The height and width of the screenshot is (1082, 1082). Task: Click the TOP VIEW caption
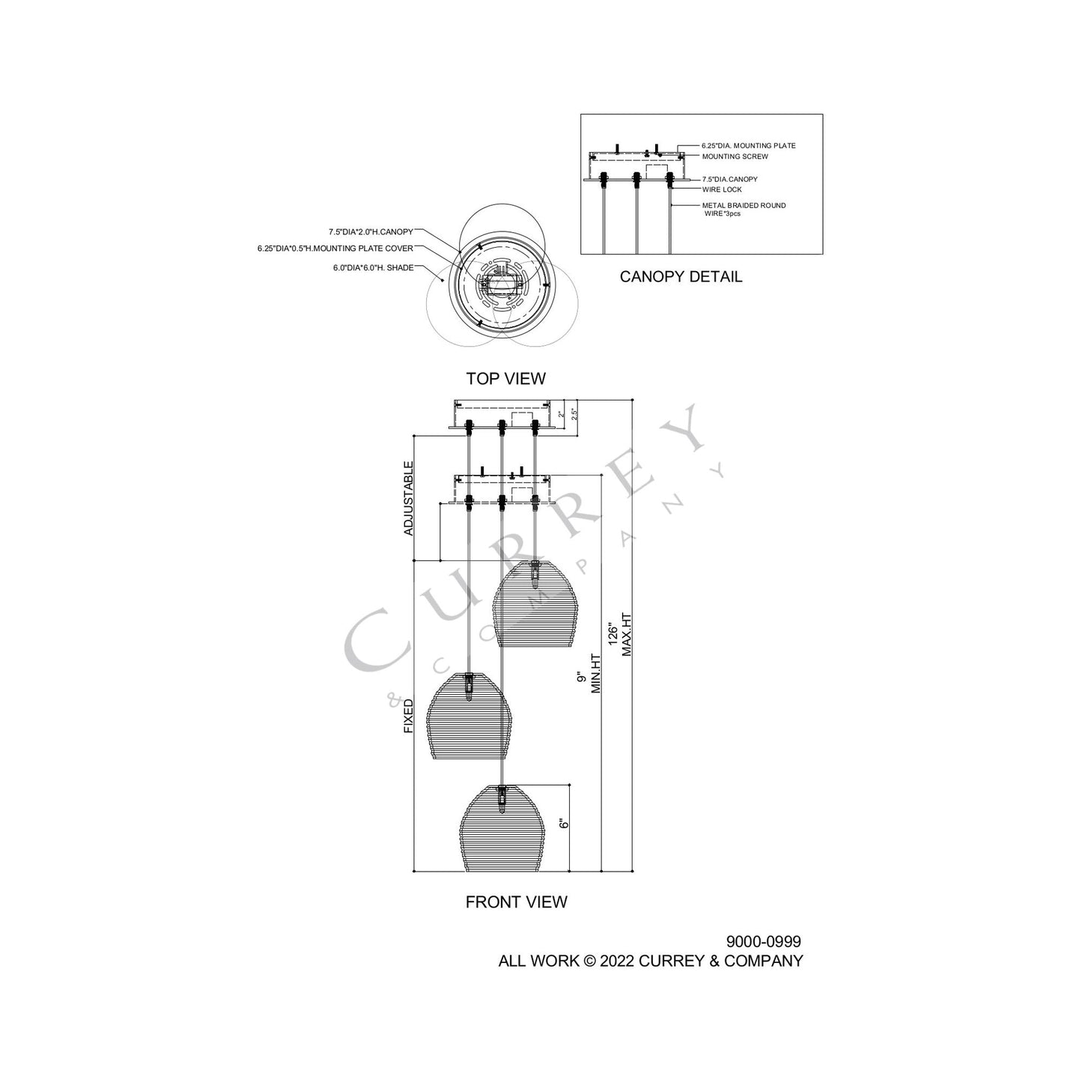tap(505, 379)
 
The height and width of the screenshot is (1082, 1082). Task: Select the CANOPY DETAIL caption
tap(681, 277)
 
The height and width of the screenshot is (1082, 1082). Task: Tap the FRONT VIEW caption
tap(516, 902)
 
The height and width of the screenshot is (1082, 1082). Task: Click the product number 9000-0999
tap(763, 942)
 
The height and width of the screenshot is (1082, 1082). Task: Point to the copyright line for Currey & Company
tap(650, 961)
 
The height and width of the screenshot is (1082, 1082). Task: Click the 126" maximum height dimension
tap(619, 635)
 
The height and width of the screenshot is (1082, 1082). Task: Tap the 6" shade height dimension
tap(565, 821)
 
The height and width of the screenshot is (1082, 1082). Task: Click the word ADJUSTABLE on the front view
tap(409, 498)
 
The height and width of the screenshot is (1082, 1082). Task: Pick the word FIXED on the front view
tap(409, 717)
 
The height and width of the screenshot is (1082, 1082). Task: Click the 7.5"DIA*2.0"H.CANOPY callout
tap(371, 232)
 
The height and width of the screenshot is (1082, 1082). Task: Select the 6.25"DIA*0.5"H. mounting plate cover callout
tap(335, 249)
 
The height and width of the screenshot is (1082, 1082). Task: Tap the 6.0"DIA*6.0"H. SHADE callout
tap(373, 267)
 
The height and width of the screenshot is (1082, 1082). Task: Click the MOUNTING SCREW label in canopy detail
tap(735, 156)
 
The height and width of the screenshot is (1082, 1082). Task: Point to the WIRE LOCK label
tap(722, 189)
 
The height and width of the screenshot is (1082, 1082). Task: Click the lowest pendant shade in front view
tap(501, 830)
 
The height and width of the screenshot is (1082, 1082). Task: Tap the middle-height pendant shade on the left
tap(469, 717)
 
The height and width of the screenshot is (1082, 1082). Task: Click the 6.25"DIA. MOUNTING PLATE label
tap(748, 145)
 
